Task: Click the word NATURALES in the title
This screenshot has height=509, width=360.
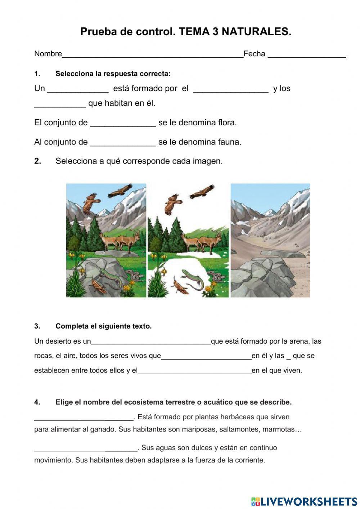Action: [256, 32]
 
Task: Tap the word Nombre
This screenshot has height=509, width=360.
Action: [48, 54]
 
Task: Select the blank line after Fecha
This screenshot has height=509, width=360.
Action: [307, 55]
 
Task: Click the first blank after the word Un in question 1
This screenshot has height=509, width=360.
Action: [78, 89]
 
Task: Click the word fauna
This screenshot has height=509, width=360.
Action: [229, 142]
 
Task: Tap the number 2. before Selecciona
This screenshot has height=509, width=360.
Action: [38, 161]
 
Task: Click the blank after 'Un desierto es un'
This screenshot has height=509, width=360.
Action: [151, 342]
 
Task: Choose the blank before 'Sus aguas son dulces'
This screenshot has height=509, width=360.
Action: [86, 449]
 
